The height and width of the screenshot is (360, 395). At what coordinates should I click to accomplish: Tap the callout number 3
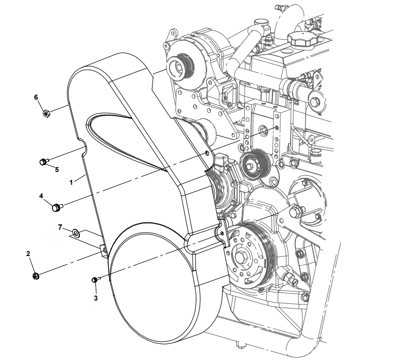96,297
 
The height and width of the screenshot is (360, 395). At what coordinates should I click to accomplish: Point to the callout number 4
41,196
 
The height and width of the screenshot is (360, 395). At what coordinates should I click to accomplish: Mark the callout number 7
60,227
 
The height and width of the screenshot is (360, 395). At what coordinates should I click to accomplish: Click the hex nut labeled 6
46,113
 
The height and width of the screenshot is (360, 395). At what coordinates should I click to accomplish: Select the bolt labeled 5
44,161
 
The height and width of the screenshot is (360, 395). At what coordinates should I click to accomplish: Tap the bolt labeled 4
56,206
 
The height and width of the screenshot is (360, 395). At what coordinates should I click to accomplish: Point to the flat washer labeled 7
77,232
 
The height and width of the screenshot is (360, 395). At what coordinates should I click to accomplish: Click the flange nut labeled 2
36,276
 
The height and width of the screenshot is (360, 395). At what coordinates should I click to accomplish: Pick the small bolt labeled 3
96,279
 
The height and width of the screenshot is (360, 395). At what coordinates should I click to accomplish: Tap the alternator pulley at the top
178,67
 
